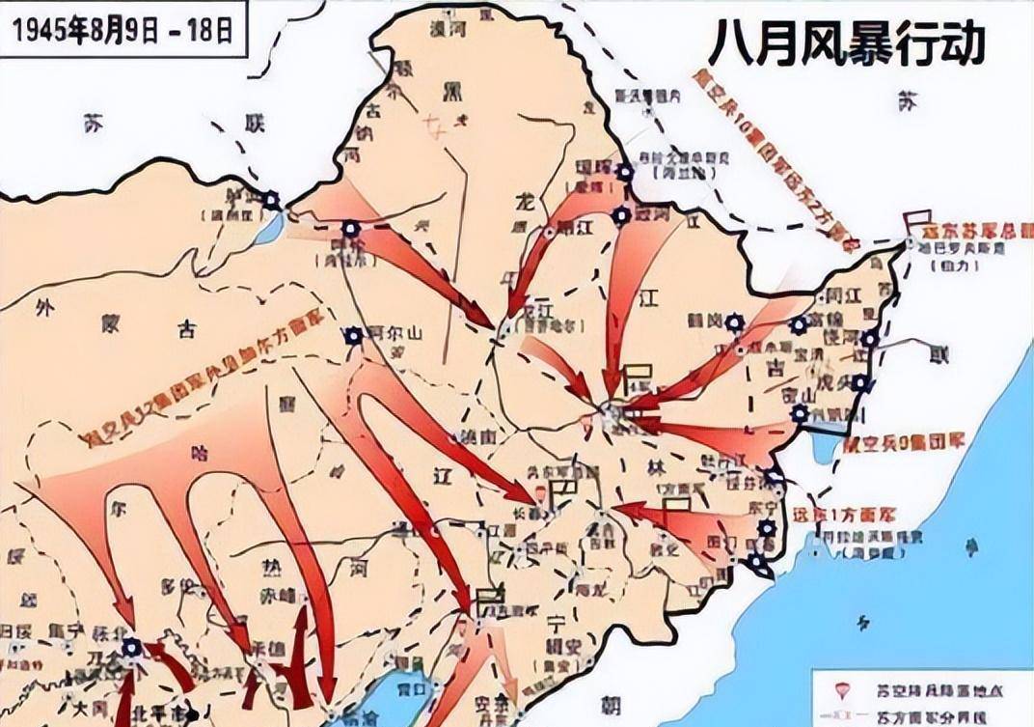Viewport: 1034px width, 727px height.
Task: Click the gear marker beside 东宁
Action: click(x=767, y=527)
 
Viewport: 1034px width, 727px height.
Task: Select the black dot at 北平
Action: click(x=193, y=714)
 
